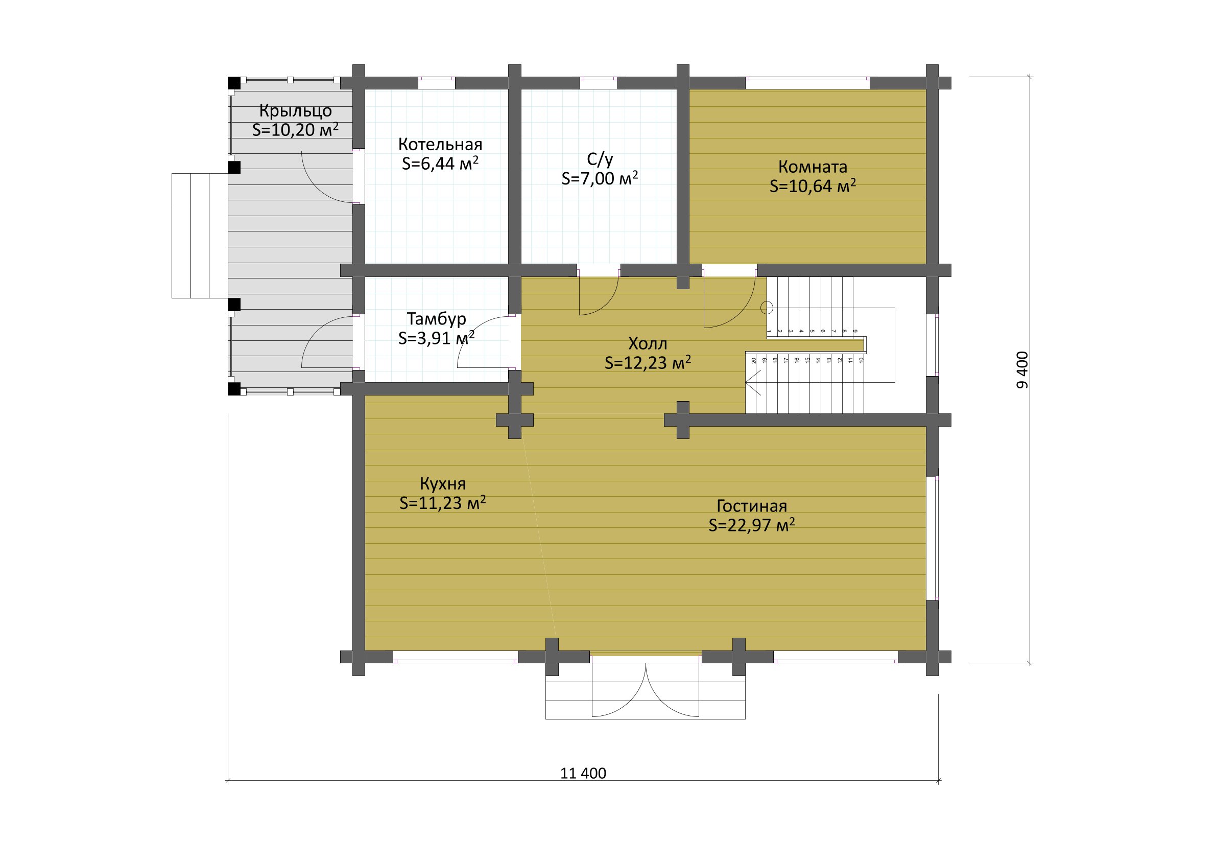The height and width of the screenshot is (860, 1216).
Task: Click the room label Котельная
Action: (440, 144)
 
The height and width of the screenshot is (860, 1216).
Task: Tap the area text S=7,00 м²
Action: (600, 178)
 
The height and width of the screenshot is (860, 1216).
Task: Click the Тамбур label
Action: (437, 318)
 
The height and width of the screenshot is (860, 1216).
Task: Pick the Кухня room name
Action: (443, 483)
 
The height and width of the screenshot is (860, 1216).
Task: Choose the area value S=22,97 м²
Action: (752, 525)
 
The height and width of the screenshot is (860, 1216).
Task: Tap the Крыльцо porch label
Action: (296, 111)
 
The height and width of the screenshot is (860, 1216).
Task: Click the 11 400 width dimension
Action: (583, 773)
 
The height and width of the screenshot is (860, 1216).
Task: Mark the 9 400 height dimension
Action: (1021, 370)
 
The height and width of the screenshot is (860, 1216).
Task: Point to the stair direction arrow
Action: (753, 383)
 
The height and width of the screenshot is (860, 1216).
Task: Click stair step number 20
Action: (754, 360)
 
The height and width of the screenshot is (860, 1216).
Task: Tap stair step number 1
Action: (769, 331)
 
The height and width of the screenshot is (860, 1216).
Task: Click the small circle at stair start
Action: (767, 307)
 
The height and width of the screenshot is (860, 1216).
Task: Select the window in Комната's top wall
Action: (807, 83)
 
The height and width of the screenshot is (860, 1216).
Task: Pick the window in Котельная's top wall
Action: (437, 83)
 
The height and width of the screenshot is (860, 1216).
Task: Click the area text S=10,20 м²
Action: (295, 130)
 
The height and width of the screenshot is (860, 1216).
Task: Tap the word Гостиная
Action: (752, 505)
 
